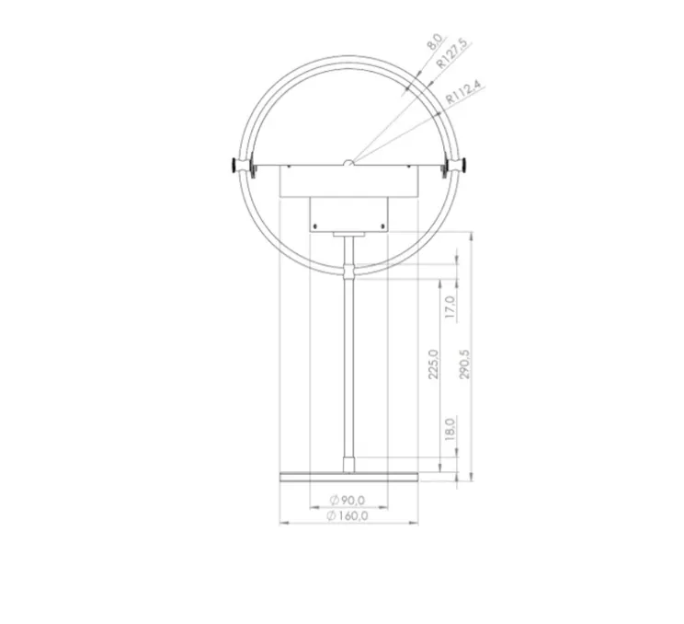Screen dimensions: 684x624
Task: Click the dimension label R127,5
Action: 451,53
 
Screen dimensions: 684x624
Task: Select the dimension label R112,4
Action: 464,93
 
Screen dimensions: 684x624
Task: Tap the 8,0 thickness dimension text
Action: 435,41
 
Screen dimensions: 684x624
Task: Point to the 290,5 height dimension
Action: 465,364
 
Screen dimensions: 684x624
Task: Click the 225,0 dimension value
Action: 433,364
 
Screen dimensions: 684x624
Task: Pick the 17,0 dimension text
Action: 450,306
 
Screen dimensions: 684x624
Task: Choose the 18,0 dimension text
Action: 450,429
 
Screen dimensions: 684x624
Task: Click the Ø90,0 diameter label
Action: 348,500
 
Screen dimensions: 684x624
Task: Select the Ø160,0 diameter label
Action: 348,515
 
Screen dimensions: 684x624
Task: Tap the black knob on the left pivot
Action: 235,165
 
